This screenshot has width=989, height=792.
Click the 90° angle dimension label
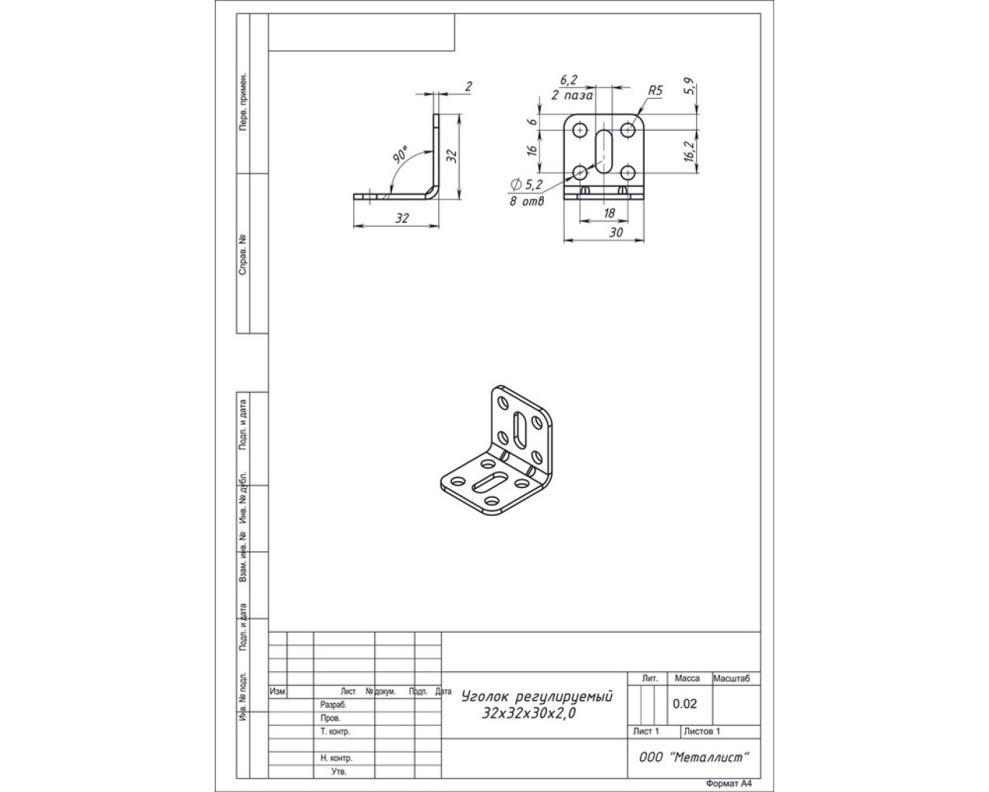click(x=401, y=155)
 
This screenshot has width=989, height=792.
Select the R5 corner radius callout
click(x=655, y=90)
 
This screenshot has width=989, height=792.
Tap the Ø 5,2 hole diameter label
click(x=527, y=185)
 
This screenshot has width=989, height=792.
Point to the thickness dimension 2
click(x=468, y=87)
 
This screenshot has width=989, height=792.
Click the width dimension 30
click(x=616, y=232)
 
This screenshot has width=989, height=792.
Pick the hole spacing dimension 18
click(x=609, y=213)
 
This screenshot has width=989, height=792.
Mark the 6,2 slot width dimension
click(x=569, y=80)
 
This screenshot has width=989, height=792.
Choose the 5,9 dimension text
click(x=689, y=87)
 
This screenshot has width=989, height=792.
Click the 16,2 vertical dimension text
click(x=689, y=151)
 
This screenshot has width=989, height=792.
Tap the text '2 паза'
click(x=572, y=96)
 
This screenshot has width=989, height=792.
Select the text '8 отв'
click(x=527, y=201)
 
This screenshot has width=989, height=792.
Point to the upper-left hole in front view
click(x=580, y=130)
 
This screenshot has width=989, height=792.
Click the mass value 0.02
click(x=685, y=704)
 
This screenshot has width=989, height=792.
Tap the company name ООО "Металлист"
click(x=694, y=757)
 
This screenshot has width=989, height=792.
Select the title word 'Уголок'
click(x=483, y=696)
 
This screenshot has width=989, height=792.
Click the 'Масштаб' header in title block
click(x=731, y=678)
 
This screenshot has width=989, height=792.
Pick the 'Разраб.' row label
click(x=333, y=705)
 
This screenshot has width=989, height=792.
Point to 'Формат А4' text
click(x=729, y=783)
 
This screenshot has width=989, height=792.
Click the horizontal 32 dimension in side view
click(x=402, y=218)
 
